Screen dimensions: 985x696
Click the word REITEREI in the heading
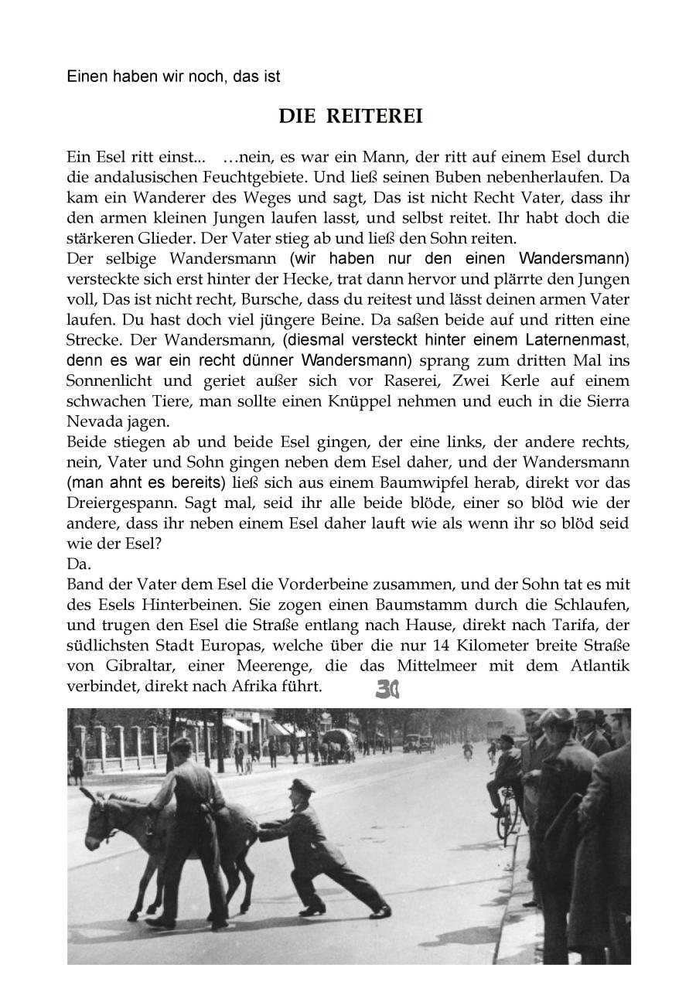(x=374, y=117)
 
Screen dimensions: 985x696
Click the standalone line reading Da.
(x=79, y=564)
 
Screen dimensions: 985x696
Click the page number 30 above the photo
(x=387, y=690)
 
